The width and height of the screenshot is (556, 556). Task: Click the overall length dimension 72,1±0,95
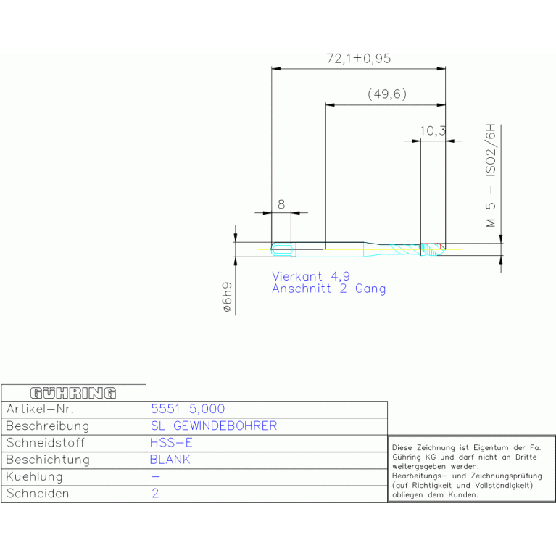tap(358, 59)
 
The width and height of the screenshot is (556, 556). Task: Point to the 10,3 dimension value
tap(432, 130)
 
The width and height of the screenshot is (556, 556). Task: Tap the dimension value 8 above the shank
tap(281, 204)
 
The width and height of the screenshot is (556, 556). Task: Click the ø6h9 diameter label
tap(226, 297)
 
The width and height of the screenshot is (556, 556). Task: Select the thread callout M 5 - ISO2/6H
tap(491, 178)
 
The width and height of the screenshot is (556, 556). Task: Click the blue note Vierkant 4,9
tap(310, 276)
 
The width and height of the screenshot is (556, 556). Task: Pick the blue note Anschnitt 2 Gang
tap(328, 289)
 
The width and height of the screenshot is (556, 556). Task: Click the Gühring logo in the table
tap(73, 393)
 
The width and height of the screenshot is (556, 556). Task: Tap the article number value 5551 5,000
tap(187, 410)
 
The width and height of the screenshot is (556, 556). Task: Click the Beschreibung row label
tap(47, 426)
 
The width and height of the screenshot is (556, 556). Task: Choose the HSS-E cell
tap(171, 443)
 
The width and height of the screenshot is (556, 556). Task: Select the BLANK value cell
tap(170, 460)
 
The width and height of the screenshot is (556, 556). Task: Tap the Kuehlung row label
tap(34, 477)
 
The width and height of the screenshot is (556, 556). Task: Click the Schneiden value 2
tap(154, 494)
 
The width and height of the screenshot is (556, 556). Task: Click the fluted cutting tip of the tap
tap(431, 249)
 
